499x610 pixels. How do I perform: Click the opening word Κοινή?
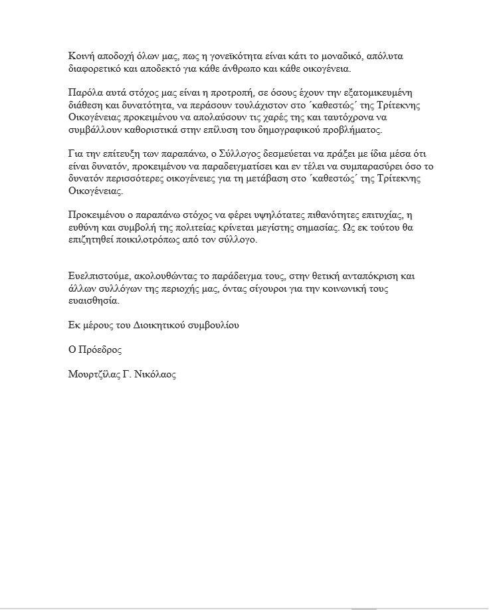pyautogui.click(x=81, y=56)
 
